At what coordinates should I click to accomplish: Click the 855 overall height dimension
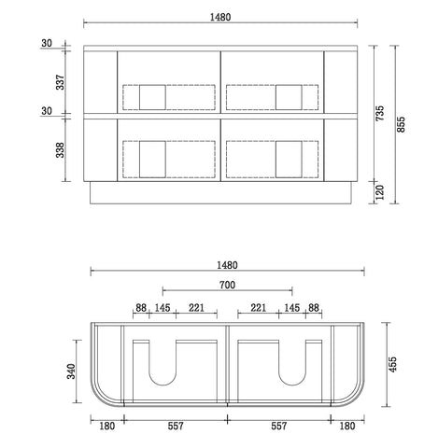coord(402,124)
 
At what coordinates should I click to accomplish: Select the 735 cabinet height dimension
coord(380,113)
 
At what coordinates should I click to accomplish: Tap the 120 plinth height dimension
coord(380,192)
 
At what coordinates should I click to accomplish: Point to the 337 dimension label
coord(60,82)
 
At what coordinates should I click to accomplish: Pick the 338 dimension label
coord(60,150)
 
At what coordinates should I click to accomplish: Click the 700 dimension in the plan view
coord(227,285)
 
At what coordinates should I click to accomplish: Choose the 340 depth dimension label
coord(72,371)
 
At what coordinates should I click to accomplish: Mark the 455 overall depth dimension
coord(393,364)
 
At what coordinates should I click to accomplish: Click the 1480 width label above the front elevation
coord(220,17)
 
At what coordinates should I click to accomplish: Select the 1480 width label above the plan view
coord(227,265)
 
